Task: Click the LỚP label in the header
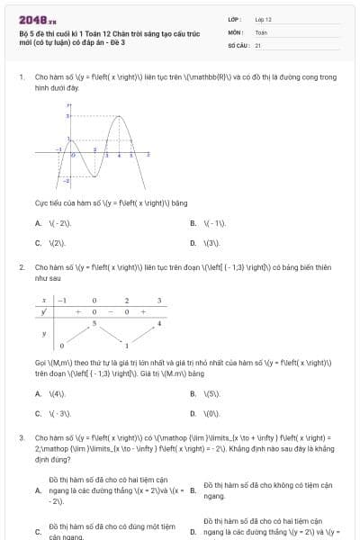(233, 19)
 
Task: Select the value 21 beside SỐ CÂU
(257, 44)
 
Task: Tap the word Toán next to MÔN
(261, 31)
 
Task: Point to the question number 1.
(21, 77)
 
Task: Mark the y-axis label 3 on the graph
(67, 117)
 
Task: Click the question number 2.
(21, 267)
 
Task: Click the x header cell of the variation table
(45, 300)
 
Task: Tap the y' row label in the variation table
(45, 311)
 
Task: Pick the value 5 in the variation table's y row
(94, 322)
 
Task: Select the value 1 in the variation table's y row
(127, 345)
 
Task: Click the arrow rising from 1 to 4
(144, 333)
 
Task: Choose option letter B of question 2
(193, 393)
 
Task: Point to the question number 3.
(21, 437)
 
